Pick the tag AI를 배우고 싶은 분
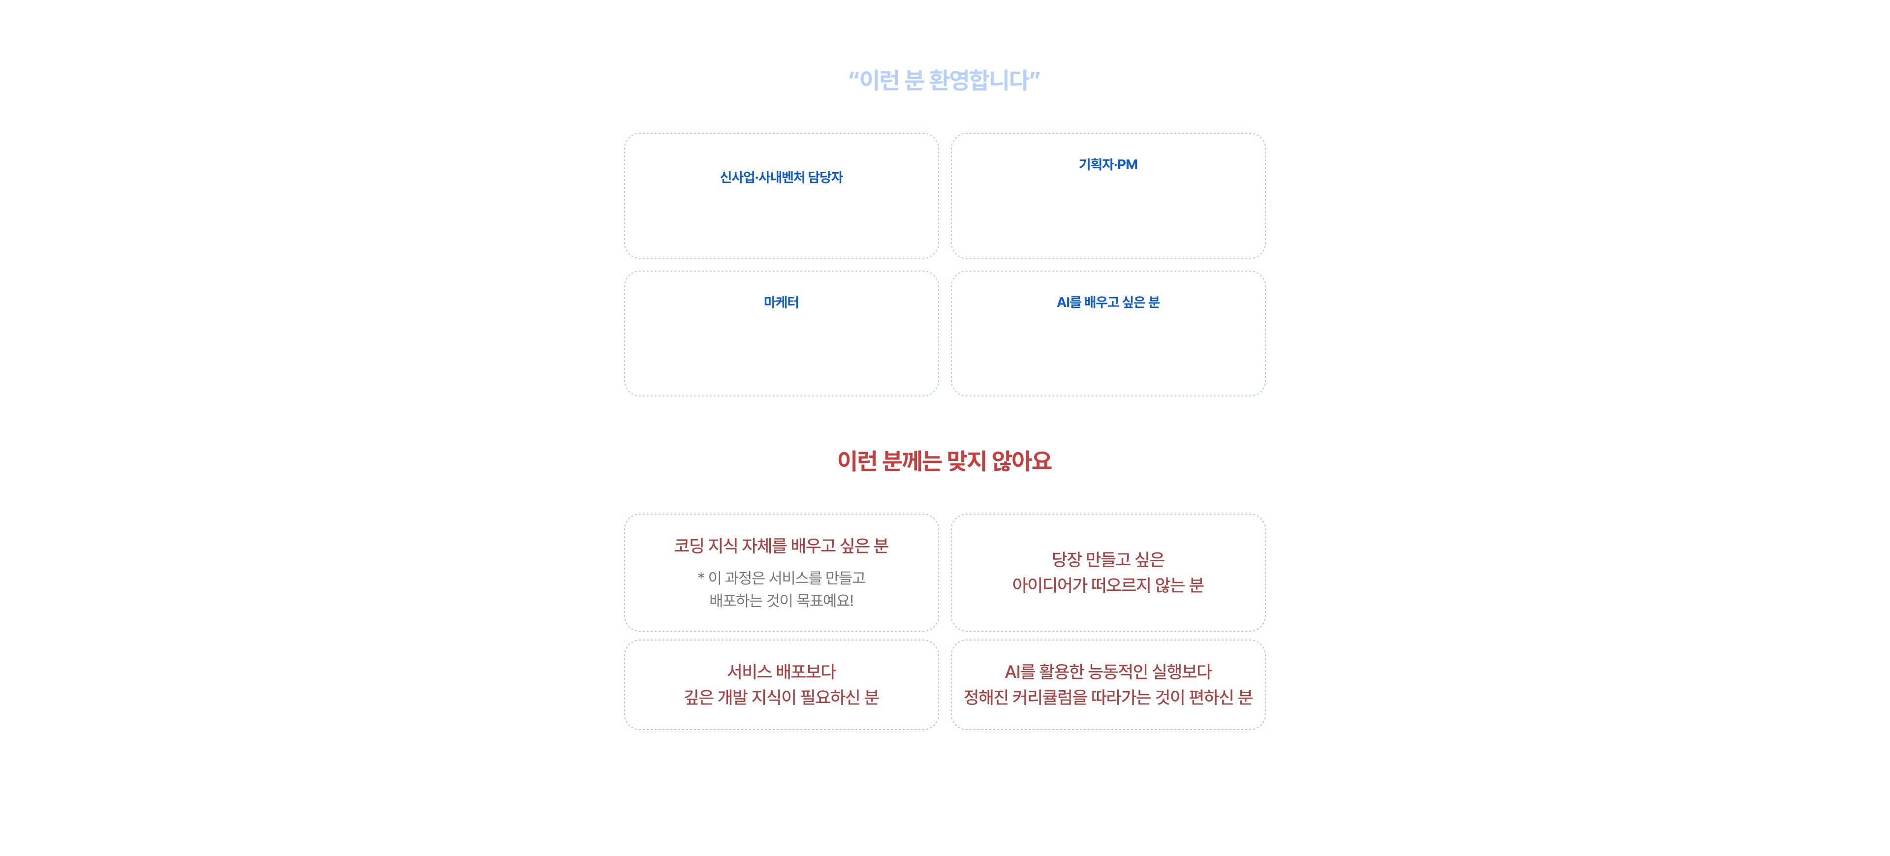1108,302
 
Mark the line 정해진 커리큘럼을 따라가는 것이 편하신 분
1108,698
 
